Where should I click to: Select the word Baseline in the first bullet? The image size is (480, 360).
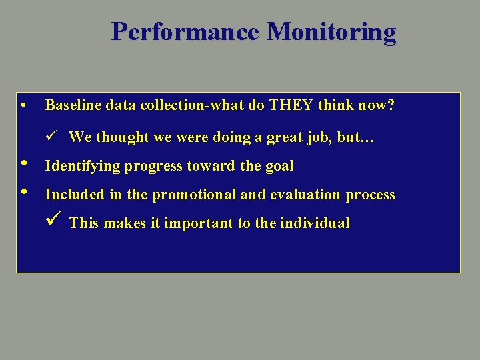tap(69, 105)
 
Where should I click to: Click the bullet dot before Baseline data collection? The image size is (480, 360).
tap(23, 105)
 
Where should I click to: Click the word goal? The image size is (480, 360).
tap(279, 166)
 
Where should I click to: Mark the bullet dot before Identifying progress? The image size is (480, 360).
tap(24, 164)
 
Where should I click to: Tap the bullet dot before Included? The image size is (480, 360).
tap(24, 193)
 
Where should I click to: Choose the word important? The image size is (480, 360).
tap(195, 223)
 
